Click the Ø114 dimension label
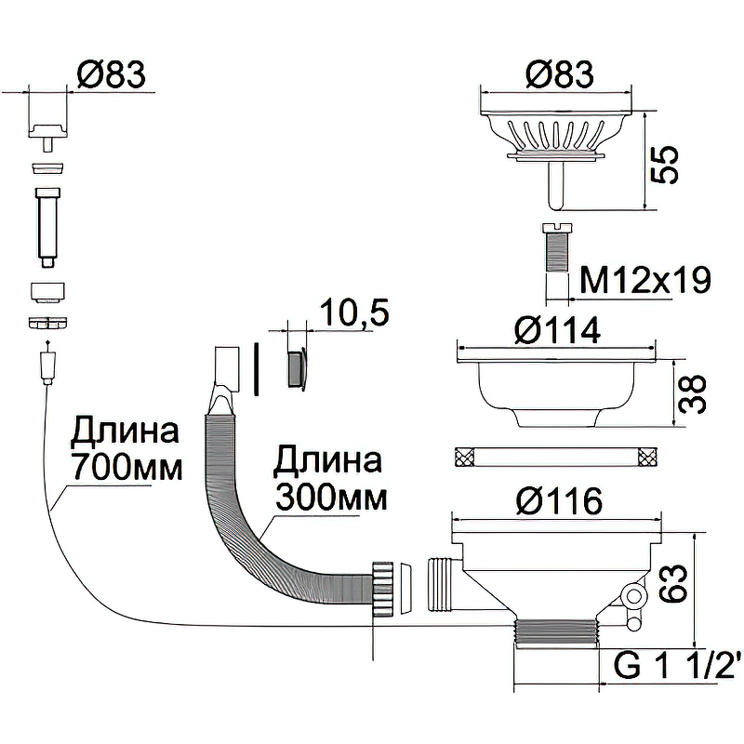pos(559,329)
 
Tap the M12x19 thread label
pos(644,279)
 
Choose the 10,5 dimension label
pos(352,312)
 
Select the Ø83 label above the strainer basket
pos(559,73)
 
